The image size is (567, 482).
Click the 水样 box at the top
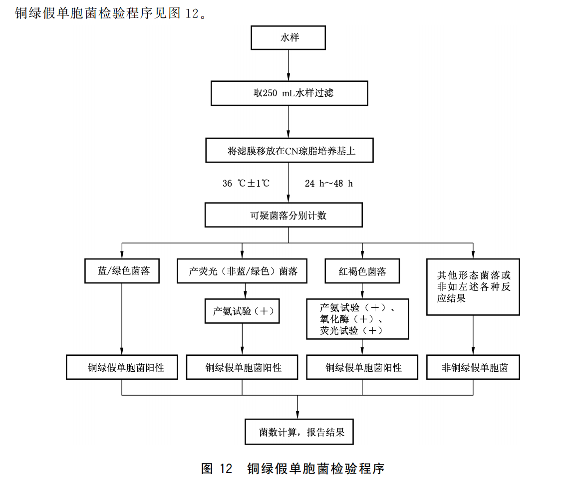(x=288, y=37)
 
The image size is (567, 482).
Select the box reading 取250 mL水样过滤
(x=289, y=93)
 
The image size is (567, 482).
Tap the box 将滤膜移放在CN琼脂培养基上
(x=289, y=151)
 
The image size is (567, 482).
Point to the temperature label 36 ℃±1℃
(x=246, y=183)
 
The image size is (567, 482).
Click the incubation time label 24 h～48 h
(x=329, y=183)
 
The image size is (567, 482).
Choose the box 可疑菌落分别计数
(x=283, y=216)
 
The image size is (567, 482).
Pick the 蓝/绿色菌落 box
(x=122, y=271)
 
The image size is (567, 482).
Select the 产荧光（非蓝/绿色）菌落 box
(x=243, y=271)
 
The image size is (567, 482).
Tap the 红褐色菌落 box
(x=363, y=271)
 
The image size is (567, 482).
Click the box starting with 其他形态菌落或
(x=473, y=287)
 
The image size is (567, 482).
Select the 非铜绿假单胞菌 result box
(x=473, y=368)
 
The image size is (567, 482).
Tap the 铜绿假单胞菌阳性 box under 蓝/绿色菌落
(x=122, y=368)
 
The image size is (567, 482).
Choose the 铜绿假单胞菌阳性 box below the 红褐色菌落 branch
(x=363, y=368)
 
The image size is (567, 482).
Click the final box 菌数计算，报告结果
(x=298, y=432)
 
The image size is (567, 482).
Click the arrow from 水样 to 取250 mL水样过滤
(x=288, y=65)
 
